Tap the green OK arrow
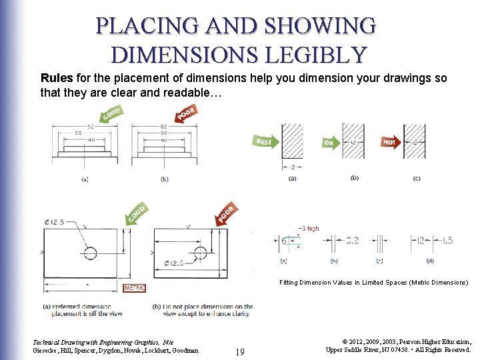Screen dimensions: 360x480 click(x=331, y=142)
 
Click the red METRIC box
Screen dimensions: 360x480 click(x=134, y=288)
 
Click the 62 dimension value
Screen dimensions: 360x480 click(x=163, y=126)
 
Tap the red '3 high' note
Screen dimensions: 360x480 click(x=308, y=229)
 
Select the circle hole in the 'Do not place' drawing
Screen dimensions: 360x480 click(x=201, y=252)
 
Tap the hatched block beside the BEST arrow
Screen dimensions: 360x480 click(x=293, y=141)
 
